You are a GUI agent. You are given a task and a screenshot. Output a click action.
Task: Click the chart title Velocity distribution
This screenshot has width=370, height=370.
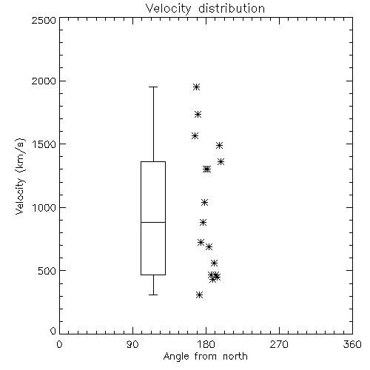(205, 9)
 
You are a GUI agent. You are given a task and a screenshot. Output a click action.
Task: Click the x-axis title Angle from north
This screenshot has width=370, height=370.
(205, 357)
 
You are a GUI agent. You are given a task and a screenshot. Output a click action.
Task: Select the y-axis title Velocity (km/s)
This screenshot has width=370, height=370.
(20, 176)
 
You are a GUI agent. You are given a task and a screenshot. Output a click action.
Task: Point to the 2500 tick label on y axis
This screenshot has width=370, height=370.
(44, 20)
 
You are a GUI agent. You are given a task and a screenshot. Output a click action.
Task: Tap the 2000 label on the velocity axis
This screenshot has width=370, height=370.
(44, 81)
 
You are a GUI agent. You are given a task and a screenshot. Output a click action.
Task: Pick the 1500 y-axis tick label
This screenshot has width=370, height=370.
(44, 144)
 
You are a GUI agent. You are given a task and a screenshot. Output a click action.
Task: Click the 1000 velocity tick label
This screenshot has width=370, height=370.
(44, 207)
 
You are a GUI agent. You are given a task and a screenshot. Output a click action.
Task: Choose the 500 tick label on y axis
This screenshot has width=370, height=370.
(47, 271)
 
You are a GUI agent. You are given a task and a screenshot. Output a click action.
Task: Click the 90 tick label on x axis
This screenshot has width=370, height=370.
(132, 345)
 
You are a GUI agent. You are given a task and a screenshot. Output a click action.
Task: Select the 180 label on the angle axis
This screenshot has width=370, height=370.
(206, 345)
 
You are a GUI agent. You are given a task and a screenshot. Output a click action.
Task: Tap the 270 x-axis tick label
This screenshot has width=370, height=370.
(279, 345)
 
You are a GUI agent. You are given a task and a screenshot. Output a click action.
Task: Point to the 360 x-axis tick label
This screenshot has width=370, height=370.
(352, 345)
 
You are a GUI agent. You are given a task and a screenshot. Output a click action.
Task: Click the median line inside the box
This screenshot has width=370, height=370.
(153, 222)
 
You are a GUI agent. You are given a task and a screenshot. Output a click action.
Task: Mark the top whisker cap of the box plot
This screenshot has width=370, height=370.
(153, 87)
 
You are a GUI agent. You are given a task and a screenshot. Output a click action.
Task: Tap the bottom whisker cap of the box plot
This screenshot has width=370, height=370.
(153, 295)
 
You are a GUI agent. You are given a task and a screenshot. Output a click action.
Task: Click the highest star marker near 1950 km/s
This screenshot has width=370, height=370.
(196, 87)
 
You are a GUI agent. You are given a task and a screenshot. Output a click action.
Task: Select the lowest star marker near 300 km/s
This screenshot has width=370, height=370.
(200, 295)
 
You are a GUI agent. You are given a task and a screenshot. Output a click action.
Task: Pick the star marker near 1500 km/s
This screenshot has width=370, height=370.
(219, 145)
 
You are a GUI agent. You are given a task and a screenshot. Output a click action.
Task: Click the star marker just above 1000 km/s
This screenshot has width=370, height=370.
(204, 203)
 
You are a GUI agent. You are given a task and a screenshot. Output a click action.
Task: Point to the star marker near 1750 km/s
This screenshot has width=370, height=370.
(198, 115)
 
